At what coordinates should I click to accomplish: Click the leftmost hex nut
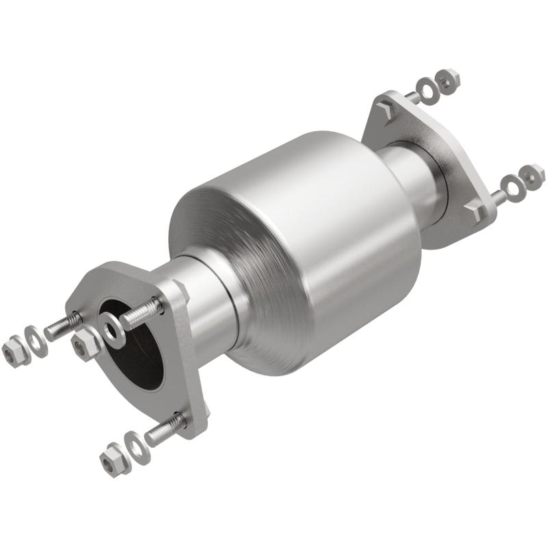pos(13,351)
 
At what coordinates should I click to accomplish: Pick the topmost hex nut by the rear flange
pos(448,81)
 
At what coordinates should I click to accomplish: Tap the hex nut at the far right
pos(532,176)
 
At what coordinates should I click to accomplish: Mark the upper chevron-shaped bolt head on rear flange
pos(386,110)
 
